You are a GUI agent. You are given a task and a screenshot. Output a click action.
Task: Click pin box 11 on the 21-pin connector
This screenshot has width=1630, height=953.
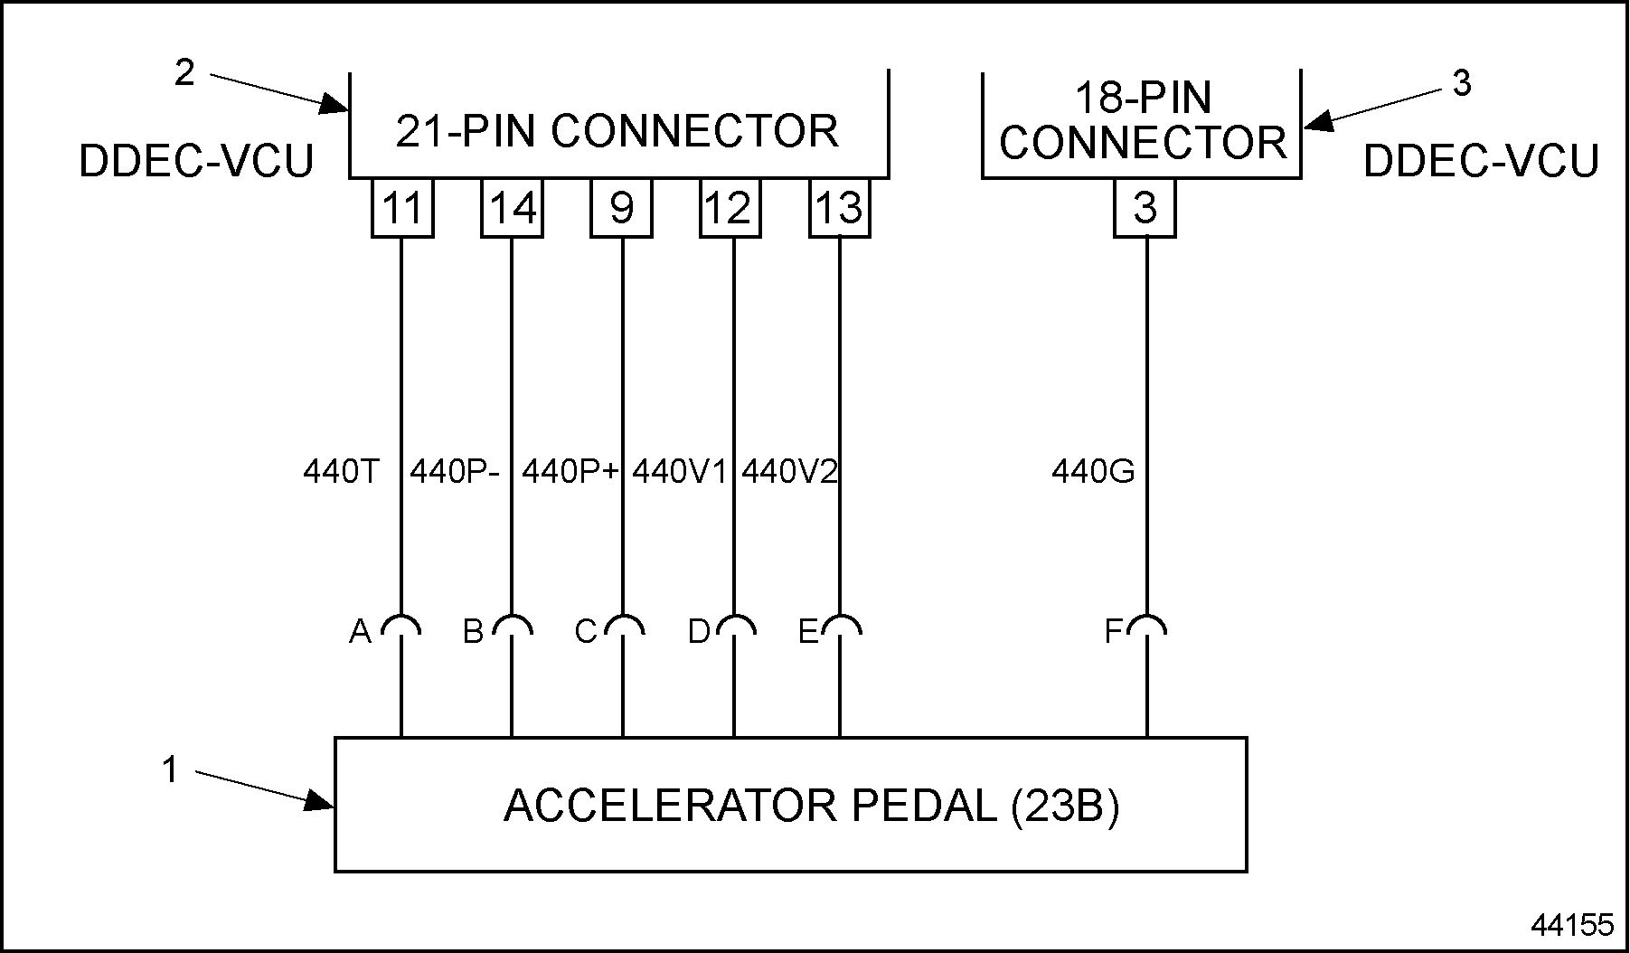click(402, 208)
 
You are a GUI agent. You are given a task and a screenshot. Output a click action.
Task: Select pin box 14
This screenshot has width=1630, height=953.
click(512, 208)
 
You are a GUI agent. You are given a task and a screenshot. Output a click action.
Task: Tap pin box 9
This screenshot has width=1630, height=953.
click(622, 208)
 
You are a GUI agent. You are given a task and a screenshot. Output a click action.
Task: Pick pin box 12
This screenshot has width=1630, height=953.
click(730, 208)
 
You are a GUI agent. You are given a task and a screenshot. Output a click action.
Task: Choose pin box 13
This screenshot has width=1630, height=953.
click(840, 208)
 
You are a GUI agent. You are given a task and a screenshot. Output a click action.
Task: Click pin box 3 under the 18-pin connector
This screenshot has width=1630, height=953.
click(1145, 208)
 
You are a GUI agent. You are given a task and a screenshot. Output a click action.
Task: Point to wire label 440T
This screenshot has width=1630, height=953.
click(341, 471)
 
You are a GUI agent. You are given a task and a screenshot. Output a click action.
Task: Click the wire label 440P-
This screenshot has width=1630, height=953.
click(454, 471)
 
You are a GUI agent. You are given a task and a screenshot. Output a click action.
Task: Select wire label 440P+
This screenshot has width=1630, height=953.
click(570, 471)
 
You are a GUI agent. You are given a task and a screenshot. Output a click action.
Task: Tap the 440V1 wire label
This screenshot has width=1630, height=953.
click(679, 471)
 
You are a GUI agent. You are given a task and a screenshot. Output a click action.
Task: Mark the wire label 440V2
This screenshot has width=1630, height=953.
click(789, 471)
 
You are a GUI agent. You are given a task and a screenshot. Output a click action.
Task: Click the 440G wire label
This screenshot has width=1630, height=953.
click(1093, 471)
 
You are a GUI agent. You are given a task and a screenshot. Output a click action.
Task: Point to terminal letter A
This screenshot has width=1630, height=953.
click(360, 631)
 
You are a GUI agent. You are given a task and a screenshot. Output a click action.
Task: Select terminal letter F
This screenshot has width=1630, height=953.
click(1114, 631)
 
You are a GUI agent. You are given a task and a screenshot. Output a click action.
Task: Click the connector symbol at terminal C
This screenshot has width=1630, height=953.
click(623, 626)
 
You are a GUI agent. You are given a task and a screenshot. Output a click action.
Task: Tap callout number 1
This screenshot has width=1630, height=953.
click(170, 770)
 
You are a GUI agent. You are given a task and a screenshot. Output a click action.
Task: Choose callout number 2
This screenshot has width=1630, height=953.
click(184, 73)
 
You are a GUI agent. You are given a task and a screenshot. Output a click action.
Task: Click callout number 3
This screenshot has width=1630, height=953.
click(1461, 83)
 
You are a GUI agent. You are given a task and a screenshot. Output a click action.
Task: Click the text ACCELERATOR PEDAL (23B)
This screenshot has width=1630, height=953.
click(811, 806)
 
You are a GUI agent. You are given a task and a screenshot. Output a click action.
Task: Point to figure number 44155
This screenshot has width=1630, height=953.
click(1571, 924)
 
